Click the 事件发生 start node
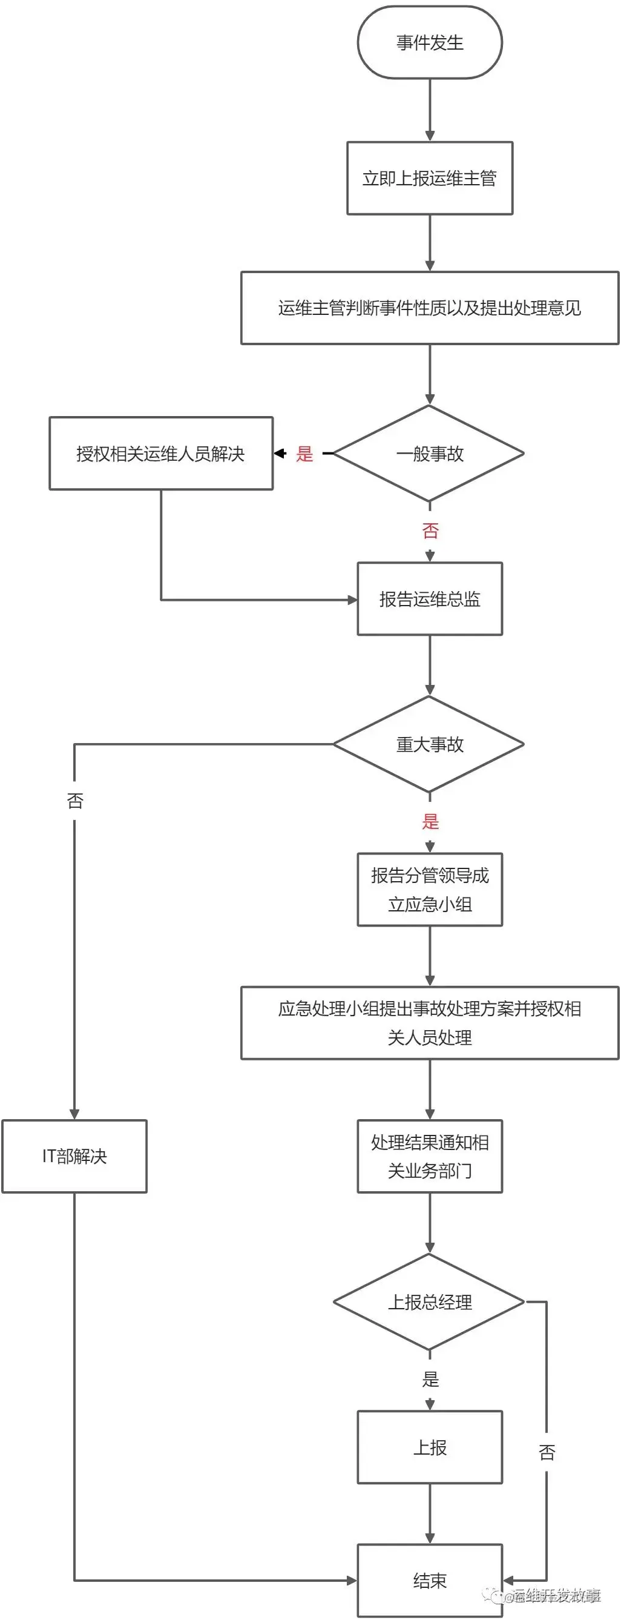[430, 43]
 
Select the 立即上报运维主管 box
[430, 178]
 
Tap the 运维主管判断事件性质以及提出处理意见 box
[430, 308]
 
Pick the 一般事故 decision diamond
[430, 454]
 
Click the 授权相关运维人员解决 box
[160, 454]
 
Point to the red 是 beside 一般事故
[305, 454]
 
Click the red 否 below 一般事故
[430, 531]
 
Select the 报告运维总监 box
[430, 599]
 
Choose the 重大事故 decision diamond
[430, 745]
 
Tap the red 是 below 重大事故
[430, 822]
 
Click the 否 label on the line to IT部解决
[75, 801]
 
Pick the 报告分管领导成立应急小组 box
[430, 890]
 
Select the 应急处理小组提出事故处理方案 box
[430, 1023]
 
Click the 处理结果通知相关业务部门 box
[430, 1157]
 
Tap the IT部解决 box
[74, 1157]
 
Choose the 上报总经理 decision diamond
[430, 1302]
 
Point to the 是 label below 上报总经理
[430, 1380]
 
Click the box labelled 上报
[430, 1448]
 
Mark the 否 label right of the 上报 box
[547, 1453]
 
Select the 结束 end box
[430, 1580]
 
